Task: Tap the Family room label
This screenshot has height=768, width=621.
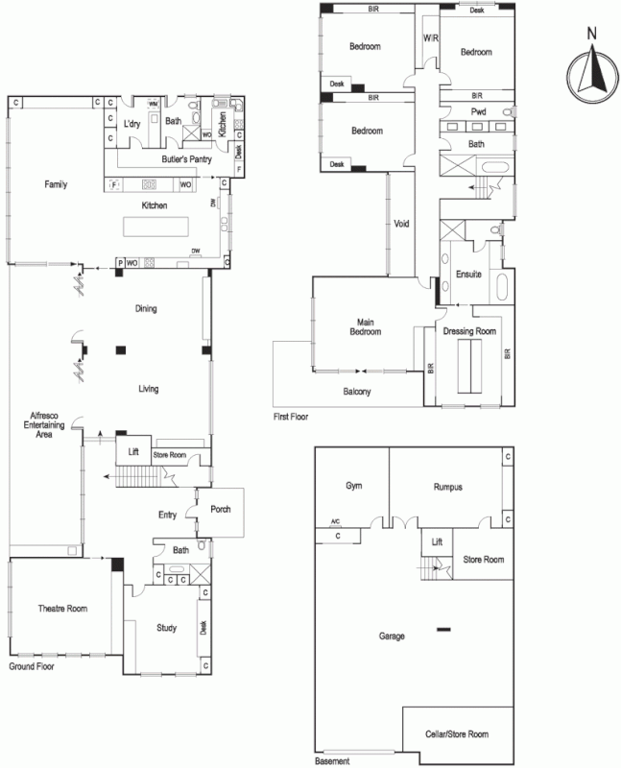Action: coord(56,183)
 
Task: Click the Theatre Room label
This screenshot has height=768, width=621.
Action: coord(62,609)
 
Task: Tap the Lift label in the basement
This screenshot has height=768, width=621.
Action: coord(437,542)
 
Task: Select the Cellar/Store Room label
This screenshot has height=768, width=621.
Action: coord(457,734)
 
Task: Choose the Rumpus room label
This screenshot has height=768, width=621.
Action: coord(447,487)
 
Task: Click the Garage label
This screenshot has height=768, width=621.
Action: coord(392,636)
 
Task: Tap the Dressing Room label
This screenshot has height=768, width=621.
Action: coord(469,331)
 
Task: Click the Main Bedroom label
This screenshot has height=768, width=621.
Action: coord(364,327)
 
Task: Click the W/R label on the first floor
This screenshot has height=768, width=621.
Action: coord(430,39)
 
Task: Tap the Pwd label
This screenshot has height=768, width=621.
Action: coord(478,112)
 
